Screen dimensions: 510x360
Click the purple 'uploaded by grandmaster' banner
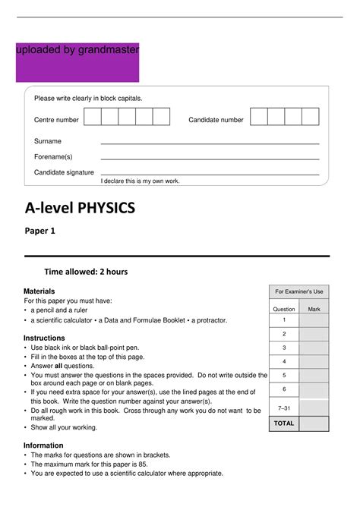pyautogui.click(x=77, y=62)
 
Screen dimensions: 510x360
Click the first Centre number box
pyautogui.click(x=92, y=117)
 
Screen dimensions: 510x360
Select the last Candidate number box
pyautogui.click(x=310, y=117)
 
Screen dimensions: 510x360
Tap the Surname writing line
pyautogui.click(x=210, y=143)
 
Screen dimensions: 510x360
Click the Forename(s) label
pyautogui.click(x=53, y=157)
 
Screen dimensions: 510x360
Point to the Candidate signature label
pyautogui.click(x=64, y=173)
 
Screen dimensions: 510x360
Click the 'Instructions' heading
pyautogui.click(x=44, y=338)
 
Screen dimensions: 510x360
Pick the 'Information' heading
pyautogui.click(x=44, y=445)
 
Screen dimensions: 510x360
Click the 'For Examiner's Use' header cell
pyautogui.click(x=299, y=291)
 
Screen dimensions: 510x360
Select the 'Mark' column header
pyautogui.click(x=314, y=310)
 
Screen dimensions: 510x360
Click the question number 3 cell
pyautogui.click(x=284, y=348)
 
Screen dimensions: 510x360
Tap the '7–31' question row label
pyautogui.click(x=284, y=408)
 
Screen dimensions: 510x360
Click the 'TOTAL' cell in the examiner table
pyautogui.click(x=284, y=423)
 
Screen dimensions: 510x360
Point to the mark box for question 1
pyautogui.click(x=314, y=320)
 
